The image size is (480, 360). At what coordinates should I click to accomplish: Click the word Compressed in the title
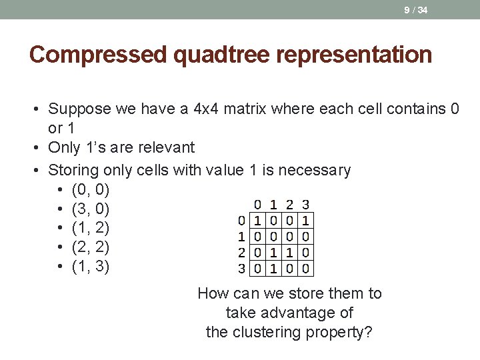click(x=99, y=54)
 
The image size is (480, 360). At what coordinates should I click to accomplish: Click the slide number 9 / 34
click(x=415, y=9)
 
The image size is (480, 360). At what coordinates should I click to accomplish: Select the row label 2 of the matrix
click(x=242, y=252)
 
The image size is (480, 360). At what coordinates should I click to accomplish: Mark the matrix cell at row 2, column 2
click(x=289, y=252)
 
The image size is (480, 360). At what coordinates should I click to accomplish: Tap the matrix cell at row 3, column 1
click(x=273, y=269)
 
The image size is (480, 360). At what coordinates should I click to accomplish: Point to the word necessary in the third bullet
click(x=314, y=170)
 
